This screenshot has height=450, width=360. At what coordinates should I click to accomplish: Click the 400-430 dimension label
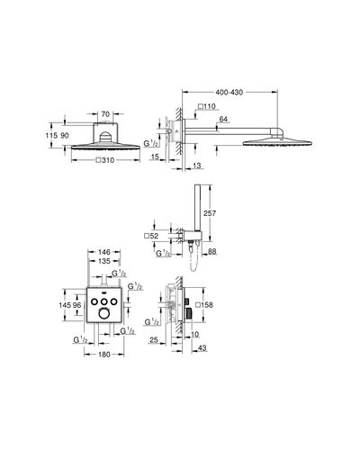click(229, 93)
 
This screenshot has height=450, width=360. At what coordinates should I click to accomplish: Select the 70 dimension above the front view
click(105, 114)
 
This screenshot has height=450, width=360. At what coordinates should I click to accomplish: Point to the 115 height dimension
click(51, 136)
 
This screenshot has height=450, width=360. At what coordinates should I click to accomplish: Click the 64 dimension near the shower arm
click(223, 119)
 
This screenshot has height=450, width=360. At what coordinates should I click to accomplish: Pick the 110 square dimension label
click(207, 106)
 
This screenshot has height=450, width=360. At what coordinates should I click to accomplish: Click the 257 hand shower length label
click(210, 213)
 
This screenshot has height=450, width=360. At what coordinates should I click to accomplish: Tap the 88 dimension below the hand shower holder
click(212, 251)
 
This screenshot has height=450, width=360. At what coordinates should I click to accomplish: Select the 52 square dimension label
click(151, 236)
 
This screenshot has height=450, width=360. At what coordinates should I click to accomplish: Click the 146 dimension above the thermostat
click(104, 252)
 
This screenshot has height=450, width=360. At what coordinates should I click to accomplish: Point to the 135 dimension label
click(104, 261)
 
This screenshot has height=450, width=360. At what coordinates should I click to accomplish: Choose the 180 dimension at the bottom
click(104, 355)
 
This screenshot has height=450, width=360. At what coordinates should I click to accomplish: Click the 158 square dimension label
click(204, 305)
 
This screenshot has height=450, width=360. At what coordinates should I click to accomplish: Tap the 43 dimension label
click(202, 348)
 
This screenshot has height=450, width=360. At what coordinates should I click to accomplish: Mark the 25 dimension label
click(154, 340)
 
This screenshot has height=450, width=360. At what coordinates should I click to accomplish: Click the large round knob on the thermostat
click(103, 314)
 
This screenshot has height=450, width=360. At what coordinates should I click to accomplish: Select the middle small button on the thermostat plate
click(103, 301)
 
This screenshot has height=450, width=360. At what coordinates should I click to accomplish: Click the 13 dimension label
click(197, 166)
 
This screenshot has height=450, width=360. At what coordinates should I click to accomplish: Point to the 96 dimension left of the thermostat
click(77, 305)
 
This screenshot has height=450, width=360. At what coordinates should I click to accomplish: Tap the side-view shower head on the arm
click(277, 140)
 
